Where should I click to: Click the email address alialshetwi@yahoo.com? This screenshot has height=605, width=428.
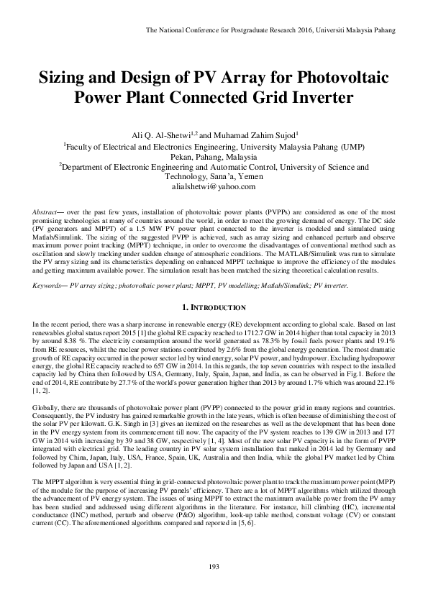click(x=214, y=186)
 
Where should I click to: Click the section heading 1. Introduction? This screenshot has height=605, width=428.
click(x=214, y=308)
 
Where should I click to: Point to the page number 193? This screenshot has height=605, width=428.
click(x=213, y=587)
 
